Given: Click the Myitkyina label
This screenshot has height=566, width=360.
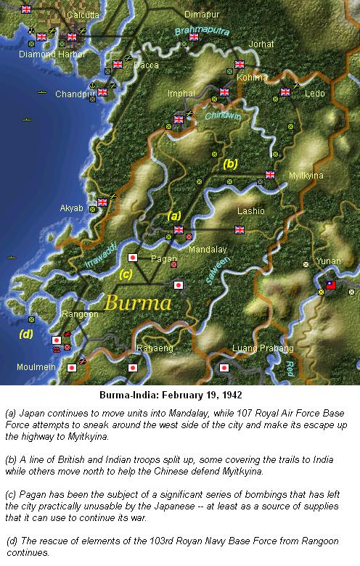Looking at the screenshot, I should click(x=306, y=176).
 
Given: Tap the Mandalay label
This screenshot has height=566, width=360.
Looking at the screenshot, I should click(x=208, y=249).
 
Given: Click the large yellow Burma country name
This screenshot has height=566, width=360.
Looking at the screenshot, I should click(x=137, y=302).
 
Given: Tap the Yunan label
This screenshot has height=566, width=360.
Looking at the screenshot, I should click(x=329, y=261).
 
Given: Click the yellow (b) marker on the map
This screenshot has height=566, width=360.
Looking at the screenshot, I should click(x=230, y=163).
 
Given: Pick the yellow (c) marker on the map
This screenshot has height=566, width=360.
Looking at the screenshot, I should click(x=126, y=274).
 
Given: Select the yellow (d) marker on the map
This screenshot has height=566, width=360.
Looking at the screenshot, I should click(x=26, y=335).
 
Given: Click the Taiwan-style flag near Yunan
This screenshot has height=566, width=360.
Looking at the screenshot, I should click(x=331, y=285).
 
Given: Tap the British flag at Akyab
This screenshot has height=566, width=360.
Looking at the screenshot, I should click(x=103, y=202).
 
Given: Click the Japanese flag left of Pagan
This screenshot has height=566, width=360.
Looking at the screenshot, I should click(x=133, y=258).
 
